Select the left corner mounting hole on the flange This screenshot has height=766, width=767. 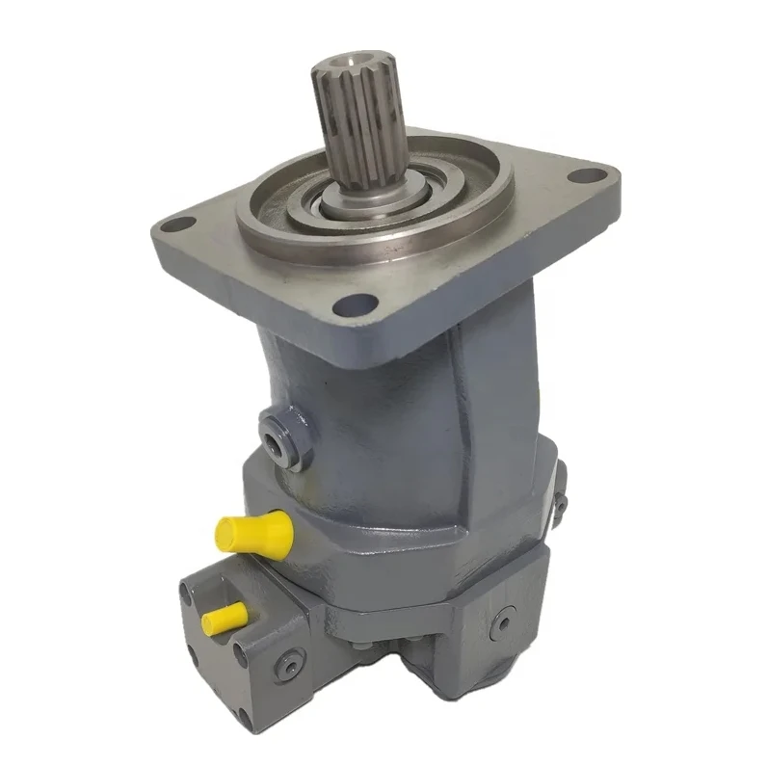pyautogui.click(x=174, y=225)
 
